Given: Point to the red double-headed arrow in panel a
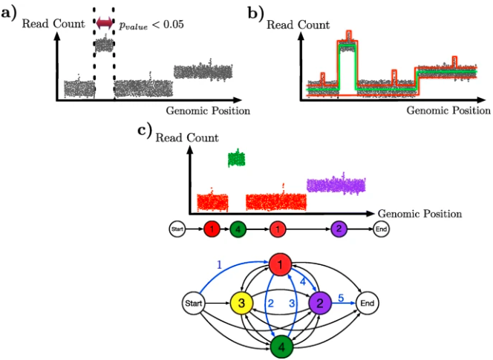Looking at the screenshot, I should point(104,25).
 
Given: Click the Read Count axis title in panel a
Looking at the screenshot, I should point(53,24).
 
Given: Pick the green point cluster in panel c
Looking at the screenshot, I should point(236,158).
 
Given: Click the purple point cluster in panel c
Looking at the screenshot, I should point(336,184).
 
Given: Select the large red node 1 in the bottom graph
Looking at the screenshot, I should point(280,264).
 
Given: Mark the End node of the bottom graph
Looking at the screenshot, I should point(367,303).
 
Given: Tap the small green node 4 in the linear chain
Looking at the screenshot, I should point(238,229).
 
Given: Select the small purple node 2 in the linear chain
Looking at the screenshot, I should point(338,229).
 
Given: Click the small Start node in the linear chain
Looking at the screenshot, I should point(177,229).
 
